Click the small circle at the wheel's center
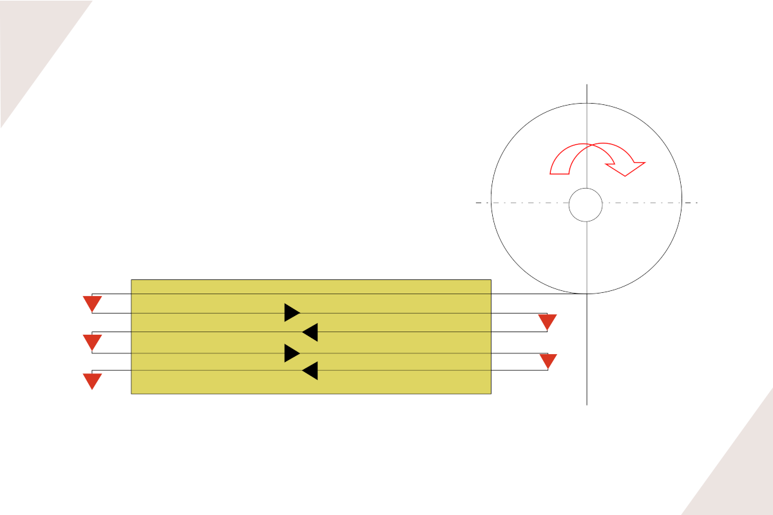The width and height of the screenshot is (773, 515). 586,205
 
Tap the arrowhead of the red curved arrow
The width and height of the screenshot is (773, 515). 626,167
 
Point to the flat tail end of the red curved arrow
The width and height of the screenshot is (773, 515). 560,173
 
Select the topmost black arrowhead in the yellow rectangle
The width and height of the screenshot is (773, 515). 292,312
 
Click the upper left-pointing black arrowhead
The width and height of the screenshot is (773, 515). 310,332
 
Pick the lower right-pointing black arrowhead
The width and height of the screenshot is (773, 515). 292,353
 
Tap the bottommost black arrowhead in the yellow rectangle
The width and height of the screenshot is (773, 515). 310,371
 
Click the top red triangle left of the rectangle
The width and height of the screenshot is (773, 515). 92,303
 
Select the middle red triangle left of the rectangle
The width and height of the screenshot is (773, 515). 92,342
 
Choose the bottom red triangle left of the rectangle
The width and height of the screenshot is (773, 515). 92,380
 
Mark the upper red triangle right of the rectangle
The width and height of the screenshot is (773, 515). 547,322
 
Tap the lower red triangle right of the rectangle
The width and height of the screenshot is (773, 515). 548,360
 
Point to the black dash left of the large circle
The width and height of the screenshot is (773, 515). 479,203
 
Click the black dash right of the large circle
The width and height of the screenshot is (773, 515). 691,203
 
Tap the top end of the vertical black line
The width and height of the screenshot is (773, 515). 587,84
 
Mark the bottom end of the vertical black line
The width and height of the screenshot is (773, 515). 587,404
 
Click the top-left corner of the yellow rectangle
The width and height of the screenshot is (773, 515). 131,280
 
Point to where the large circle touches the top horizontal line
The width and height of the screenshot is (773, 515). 586,294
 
